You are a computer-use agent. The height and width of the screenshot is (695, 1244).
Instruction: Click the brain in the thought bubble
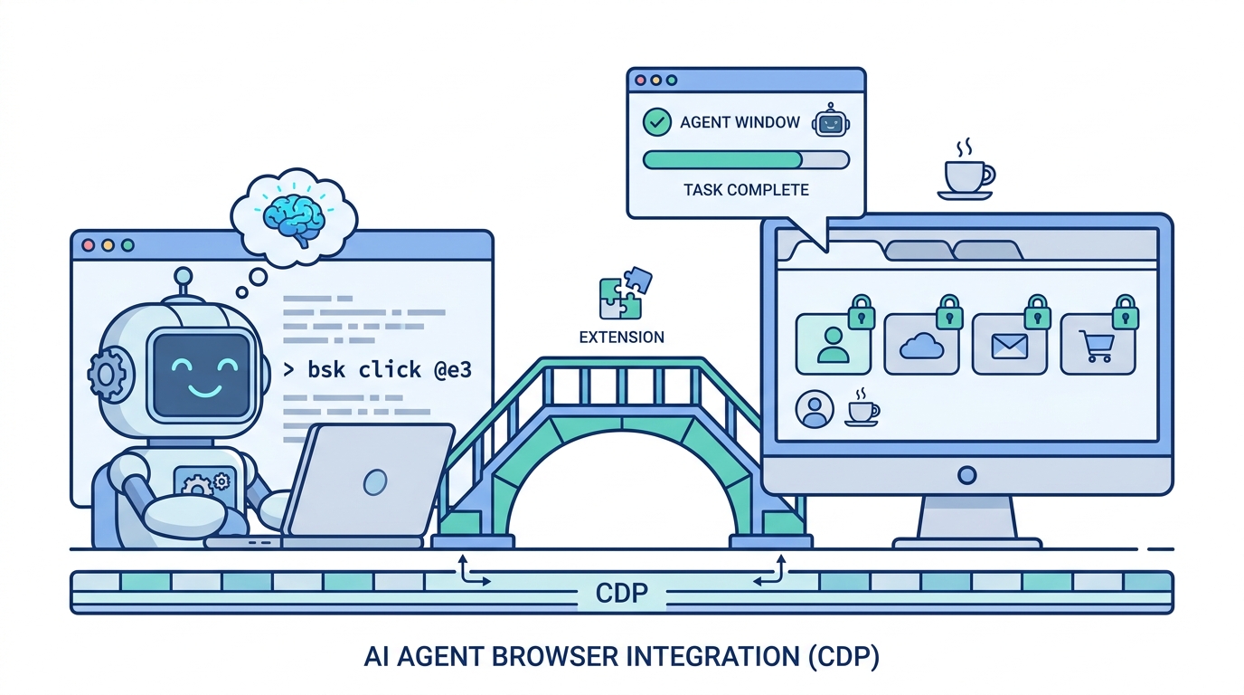(x=294, y=219)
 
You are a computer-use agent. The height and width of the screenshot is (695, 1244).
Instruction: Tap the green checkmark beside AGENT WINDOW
(x=657, y=122)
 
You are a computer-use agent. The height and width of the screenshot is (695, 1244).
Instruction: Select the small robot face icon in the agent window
(x=830, y=120)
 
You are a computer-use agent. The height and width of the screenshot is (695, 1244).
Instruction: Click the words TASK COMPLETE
(x=746, y=190)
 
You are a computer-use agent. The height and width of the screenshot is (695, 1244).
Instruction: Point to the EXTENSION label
(x=621, y=337)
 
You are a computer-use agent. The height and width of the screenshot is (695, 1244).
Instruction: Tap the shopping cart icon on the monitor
(x=1097, y=346)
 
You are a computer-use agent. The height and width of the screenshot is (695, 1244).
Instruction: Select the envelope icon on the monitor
(x=1009, y=347)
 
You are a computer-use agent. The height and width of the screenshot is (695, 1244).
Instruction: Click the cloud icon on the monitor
(x=920, y=346)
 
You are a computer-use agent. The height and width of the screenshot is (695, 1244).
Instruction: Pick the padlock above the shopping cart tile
(x=1126, y=312)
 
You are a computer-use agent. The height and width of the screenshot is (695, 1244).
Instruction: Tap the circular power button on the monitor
(x=966, y=475)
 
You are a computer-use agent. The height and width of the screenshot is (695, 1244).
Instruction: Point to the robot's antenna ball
(x=183, y=276)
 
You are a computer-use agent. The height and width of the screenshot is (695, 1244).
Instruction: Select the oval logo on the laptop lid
(x=375, y=481)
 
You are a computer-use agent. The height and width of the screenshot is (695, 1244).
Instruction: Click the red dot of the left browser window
(x=89, y=245)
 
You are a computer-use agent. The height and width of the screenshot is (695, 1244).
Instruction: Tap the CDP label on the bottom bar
(x=621, y=594)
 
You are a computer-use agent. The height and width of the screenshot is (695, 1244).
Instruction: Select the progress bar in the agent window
(x=746, y=160)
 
